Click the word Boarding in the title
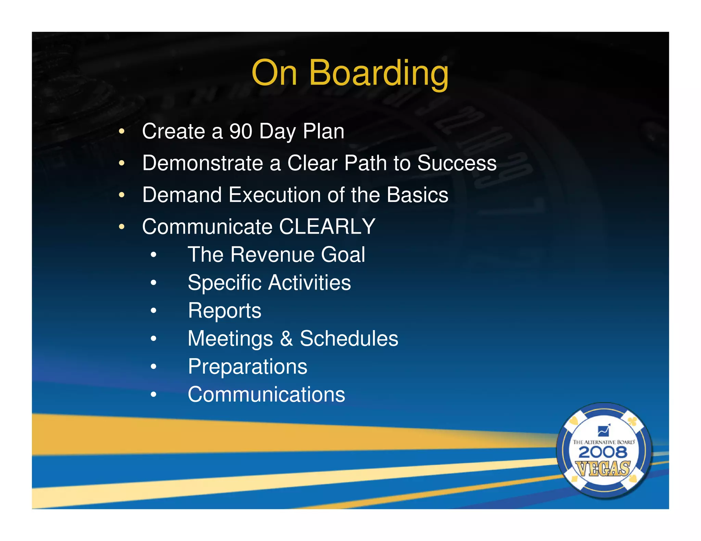point(379,73)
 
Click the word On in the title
point(274,73)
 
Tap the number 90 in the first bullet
point(241,131)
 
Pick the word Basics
point(417,195)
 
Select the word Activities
point(309,283)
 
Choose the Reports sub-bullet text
point(225,311)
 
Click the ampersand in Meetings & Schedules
point(286,339)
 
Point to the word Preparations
point(247,367)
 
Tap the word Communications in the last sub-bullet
point(266,395)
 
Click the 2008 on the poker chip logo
point(603,452)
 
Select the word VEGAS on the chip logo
point(603,469)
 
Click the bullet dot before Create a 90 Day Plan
point(122,132)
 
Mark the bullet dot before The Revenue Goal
point(153,255)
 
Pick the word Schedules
point(349,339)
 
